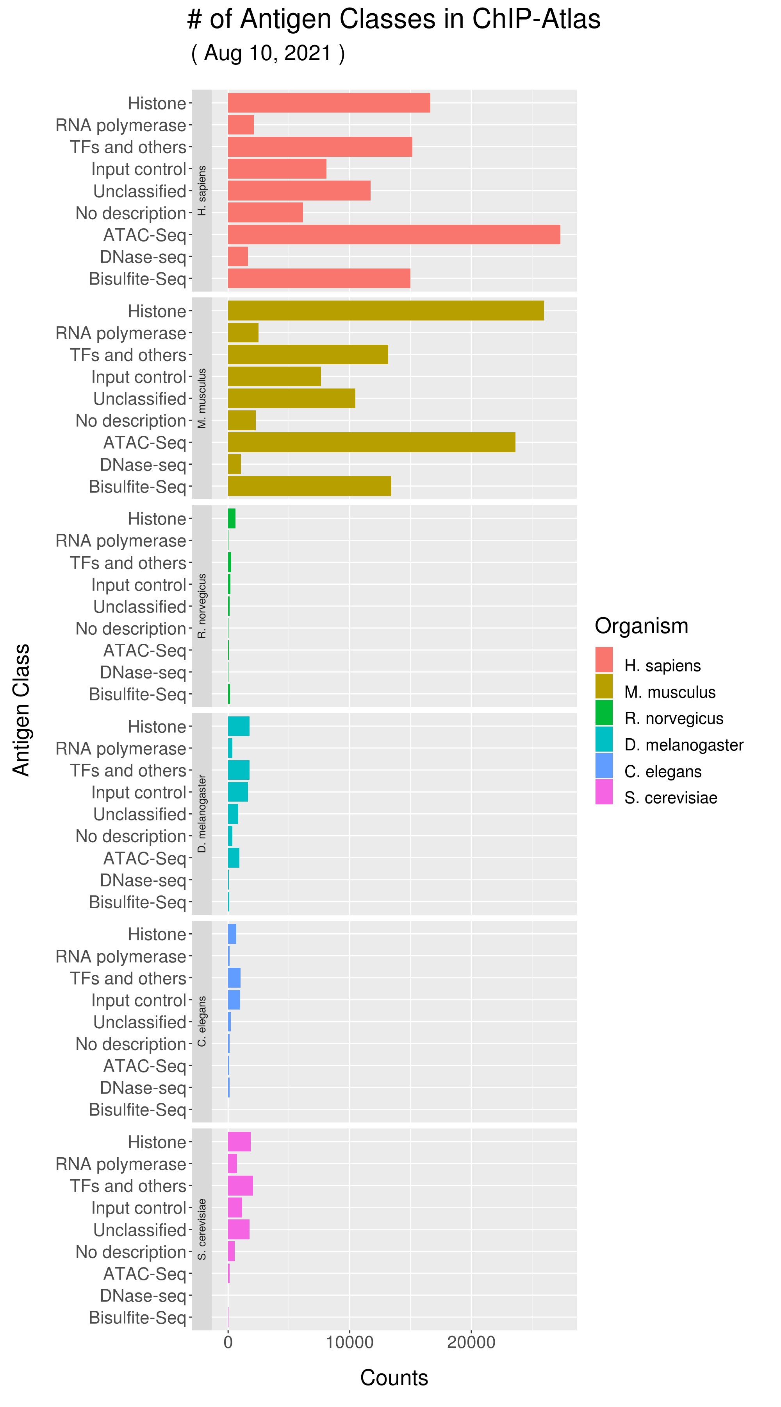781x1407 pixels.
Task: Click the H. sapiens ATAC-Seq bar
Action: (394, 234)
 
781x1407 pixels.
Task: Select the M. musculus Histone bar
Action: (385, 310)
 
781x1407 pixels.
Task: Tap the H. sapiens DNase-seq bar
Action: (237, 256)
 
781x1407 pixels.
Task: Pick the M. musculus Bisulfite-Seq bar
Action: (309, 486)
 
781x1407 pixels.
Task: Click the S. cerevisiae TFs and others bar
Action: (240, 1186)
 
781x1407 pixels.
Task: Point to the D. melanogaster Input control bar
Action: (237, 792)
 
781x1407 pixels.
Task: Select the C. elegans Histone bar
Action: (232, 934)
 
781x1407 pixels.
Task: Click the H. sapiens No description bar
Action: (265, 213)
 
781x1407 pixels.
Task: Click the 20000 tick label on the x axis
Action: (471, 1342)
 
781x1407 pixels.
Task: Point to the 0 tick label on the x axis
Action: (228, 1342)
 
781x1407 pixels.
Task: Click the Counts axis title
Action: (394, 1378)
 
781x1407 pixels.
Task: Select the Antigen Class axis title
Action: (21, 710)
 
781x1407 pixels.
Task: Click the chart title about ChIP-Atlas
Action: (394, 19)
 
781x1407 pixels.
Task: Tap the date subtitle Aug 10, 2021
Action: (267, 53)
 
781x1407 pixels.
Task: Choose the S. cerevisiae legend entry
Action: (670, 798)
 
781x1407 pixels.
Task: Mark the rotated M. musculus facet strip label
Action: (202, 398)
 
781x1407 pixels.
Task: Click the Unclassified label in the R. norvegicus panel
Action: (140, 606)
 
